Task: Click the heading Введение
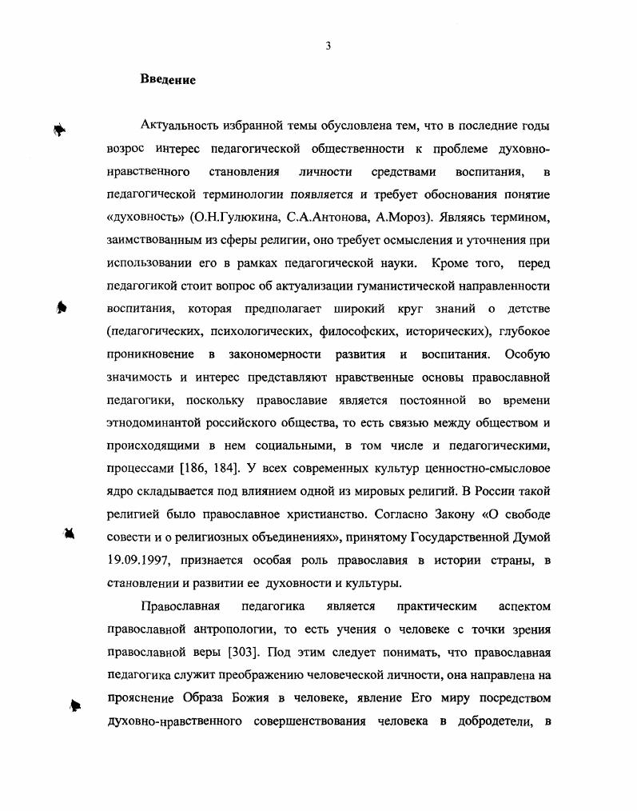(x=168, y=80)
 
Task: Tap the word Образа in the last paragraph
(x=194, y=698)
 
